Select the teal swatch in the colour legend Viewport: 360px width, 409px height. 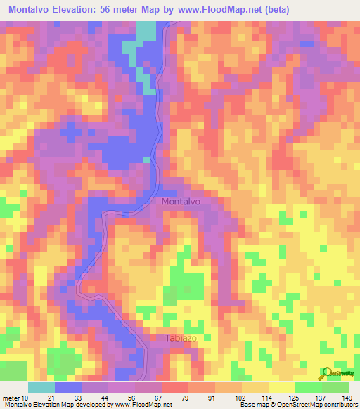(x=41, y=387)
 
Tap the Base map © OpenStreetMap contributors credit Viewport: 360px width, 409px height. (x=298, y=404)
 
